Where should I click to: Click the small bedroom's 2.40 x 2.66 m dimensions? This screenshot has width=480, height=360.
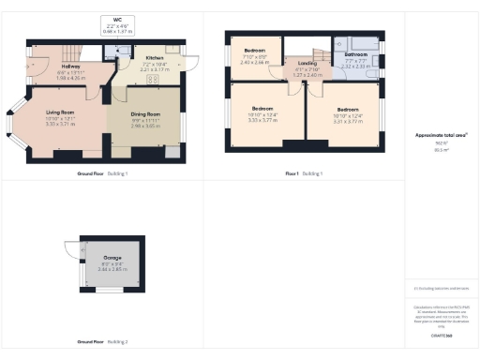coord(255,61)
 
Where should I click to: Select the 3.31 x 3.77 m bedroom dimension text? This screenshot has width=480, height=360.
coord(349,121)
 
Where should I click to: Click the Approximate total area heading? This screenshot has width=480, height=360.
coord(441,135)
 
